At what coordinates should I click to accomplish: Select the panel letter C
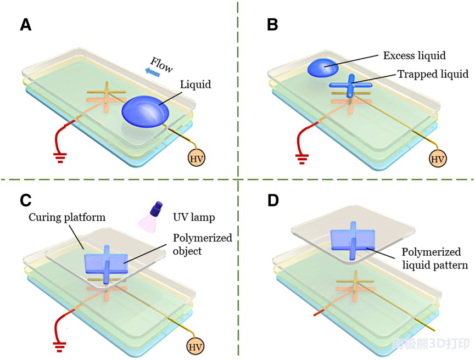pos(26,200)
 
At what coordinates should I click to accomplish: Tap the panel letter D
pos(273,200)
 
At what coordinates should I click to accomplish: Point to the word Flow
pos(162,65)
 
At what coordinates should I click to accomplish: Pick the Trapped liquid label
pos(433,74)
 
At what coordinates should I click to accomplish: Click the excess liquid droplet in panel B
pos(324,68)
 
